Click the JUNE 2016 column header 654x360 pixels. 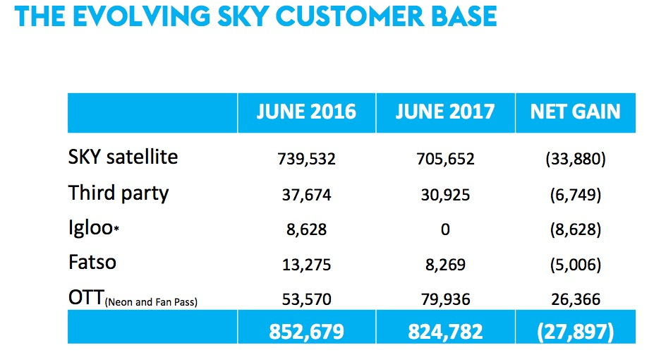(x=306, y=112)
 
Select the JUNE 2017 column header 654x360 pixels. (x=445, y=112)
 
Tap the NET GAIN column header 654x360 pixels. (x=575, y=112)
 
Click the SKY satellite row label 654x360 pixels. (x=123, y=157)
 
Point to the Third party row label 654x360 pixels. (x=119, y=193)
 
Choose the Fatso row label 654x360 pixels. (x=92, y=263)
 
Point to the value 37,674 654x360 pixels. (x=306, y=194)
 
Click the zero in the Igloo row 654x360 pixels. (x=445, y=229)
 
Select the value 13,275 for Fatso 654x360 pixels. (x=306, y=265)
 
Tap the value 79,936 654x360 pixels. (x=445, y=300)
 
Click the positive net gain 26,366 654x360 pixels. (x=575, y=300)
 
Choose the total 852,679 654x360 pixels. (x=306, y=330)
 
